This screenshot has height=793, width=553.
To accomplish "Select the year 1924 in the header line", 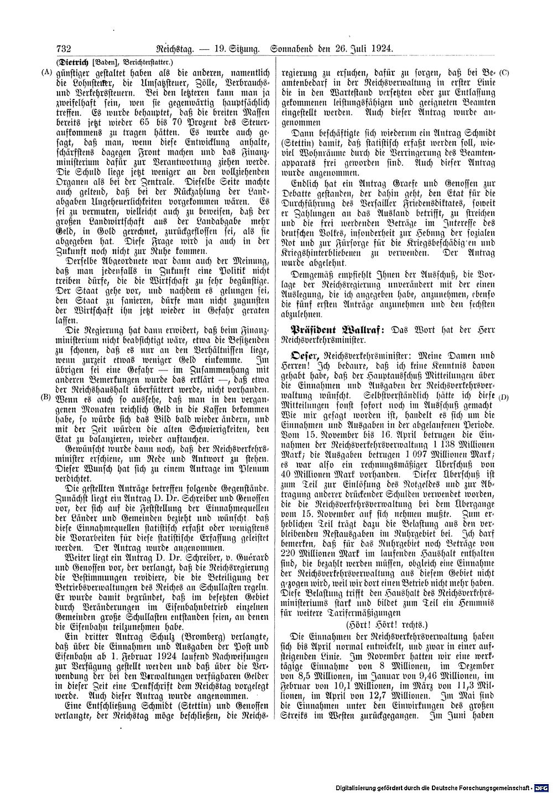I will click(381, 49).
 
